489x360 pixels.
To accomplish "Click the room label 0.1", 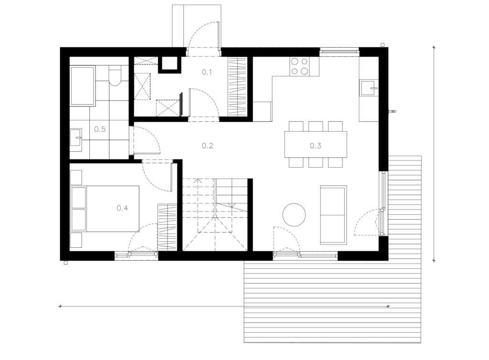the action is click(x=207, y=72).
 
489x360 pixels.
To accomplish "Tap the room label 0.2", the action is click(x=207, y=146).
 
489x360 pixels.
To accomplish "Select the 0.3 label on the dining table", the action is click(x=315, y=146).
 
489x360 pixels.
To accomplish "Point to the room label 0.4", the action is click(x=122, y=208).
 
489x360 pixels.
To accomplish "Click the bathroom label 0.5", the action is click(x=100, y=129).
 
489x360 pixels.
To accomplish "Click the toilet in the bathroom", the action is click(x=115, y=76).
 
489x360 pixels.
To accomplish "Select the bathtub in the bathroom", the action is click(x=82, y=86).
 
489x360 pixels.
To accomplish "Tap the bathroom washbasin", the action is click(x=76, y=138).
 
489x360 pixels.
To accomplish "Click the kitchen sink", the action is click(x=369, y=88).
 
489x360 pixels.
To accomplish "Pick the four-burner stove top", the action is click(x=299, y=66).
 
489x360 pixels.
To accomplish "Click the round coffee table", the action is click(x=294, y=215).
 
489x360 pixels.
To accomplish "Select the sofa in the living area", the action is click(x=333, y=215).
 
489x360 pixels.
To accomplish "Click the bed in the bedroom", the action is click(x=105, y=209).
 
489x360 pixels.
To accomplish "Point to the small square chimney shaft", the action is click(x=170, y=64).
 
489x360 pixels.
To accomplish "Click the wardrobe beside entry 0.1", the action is click(x=238, y=87).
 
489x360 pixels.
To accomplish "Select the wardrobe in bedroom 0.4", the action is click(x=167, y=227).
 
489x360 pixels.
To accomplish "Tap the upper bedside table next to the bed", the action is click(x=76, y=177).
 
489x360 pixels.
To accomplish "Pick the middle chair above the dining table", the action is click(x=316, y=126).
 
